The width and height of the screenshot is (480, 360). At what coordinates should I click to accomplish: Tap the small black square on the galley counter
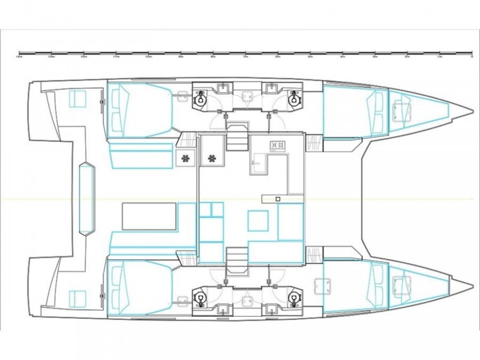(x=278, y=199)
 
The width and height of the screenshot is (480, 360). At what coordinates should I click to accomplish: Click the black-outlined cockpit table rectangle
(x=149, y=216)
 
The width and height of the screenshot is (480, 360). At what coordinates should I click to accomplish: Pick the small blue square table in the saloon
(x=258, y=220)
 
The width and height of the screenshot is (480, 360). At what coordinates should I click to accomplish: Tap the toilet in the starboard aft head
(x=201, y=298)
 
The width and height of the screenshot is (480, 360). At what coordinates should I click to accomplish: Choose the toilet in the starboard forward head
(x=294, y=298)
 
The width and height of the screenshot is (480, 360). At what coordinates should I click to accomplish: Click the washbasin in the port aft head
(x=223, y=88)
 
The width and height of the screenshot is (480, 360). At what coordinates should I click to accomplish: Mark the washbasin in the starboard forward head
(x=270, y=308)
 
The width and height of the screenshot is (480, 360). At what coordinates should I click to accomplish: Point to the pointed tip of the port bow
(x=471, y=112)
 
